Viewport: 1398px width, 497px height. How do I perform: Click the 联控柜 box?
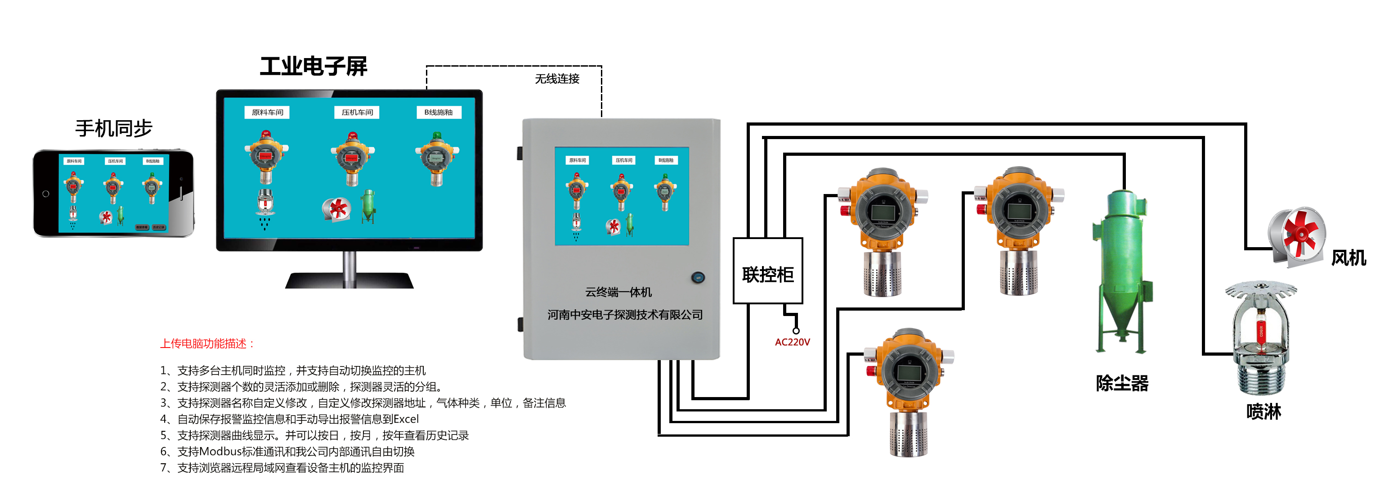767,271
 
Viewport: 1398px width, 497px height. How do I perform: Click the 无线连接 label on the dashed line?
557,79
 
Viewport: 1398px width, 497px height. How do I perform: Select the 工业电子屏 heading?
314,67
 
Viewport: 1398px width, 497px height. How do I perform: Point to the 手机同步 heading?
114,129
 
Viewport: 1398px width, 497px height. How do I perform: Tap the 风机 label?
1348,258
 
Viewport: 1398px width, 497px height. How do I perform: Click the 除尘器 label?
1122,384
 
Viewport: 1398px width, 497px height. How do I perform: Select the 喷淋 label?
1264,412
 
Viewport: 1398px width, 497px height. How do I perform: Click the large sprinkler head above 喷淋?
1261,337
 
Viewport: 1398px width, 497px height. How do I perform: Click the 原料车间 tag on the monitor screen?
267,113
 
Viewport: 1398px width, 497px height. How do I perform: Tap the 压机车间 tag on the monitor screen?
357,113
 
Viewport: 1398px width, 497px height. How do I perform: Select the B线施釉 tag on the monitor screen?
438,113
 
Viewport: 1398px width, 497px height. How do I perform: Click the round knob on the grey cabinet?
698,278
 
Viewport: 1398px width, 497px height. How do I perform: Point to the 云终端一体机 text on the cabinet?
618,292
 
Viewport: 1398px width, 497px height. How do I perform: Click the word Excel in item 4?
406,419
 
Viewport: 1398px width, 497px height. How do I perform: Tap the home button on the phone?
45,194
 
